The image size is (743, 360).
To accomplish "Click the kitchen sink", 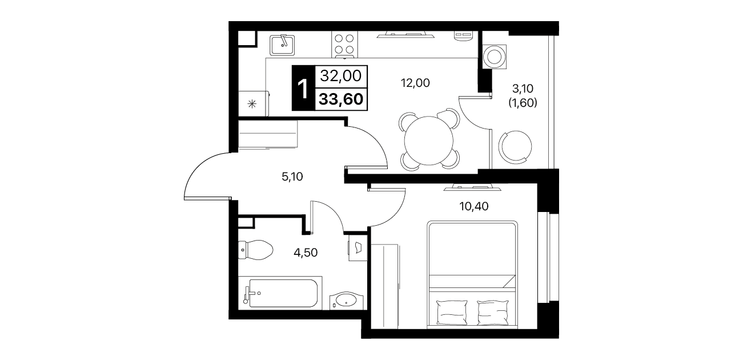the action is click(x=282, y=45).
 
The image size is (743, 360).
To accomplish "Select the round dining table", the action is click(x=428, y=141).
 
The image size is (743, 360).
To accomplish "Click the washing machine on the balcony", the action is click(x=495, y=57).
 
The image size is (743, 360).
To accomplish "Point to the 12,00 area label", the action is click(x=415, y=83).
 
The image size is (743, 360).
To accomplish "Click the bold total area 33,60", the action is click(x=341, y=99).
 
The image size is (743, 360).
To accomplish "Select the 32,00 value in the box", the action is click(x=340, y=76).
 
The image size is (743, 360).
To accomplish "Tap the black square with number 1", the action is click(x=303, y=88).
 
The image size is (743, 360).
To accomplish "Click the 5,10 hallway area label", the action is click(x=292, y=177).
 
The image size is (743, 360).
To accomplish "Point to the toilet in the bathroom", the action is click(x=255, y=250).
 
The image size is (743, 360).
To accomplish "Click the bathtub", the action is click(x=280, y=293).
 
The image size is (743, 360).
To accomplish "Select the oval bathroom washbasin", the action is click(x=346, y=301).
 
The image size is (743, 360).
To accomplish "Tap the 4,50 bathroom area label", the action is click(x=306, y=253).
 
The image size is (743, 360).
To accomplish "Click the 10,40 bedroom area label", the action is click(x=474, y=206).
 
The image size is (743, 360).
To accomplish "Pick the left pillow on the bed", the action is click(x=452, y=312).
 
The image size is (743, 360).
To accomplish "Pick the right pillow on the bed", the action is click(x=493, y=312).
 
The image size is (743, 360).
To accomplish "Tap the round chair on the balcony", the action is click(x=515, y=146).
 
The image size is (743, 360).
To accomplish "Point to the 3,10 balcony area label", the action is click(x=523, y=89).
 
